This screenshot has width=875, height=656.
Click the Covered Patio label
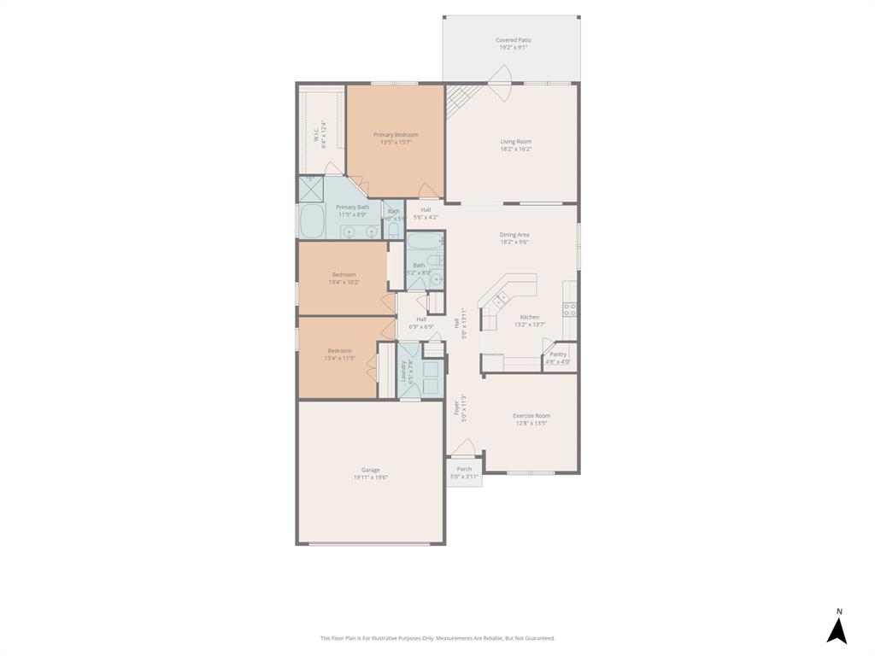(x=513, y=40)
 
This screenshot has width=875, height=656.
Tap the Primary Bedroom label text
(x=396, y=134)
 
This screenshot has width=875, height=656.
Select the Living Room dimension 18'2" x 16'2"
(x=515, y=149)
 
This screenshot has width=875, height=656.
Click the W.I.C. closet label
(x=315, y=134)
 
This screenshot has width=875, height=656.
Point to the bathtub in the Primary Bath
(x=311, y=221)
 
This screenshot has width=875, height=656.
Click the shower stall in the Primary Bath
(x=310, y=188)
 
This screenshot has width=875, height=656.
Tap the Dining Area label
(x=514, y=234)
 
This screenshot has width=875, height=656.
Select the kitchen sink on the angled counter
(x=502, y=297)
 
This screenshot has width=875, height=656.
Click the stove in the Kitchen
(x=569, y=309)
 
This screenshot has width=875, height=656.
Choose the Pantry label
(x=558, y=354)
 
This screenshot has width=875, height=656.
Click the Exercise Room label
(x=531, y=416)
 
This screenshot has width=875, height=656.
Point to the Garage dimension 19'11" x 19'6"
(x=371, y=478)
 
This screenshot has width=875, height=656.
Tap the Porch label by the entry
(x=464, y=469)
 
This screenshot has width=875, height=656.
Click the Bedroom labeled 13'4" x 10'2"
(x=344, y=274)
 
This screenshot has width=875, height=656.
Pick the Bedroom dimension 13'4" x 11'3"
(x=339, y=359)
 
